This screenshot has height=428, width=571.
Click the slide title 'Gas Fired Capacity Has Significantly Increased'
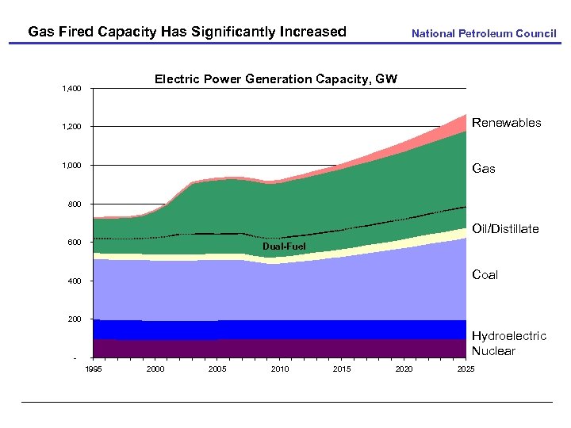point(187,32)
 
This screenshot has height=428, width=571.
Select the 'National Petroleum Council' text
point(484,33)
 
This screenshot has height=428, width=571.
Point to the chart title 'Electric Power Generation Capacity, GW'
point(276,79)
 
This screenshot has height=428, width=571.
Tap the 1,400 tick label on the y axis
point(71,88)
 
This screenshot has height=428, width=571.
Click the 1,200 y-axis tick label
point(71,127)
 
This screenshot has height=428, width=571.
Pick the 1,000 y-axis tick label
point(71,166)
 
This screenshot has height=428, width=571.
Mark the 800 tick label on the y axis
point(74,204)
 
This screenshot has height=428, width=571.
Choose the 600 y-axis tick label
point(74,243)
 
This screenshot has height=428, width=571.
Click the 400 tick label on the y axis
point(74,281)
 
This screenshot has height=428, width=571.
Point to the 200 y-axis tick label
point(74,319)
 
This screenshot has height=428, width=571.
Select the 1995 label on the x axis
point(94,369)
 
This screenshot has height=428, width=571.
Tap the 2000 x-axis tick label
point(155,369)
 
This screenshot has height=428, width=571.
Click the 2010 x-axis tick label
point(279,369)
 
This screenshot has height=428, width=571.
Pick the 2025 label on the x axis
point(466,369)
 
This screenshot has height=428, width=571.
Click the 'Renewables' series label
point(507,123)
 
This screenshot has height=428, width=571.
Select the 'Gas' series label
point(484,168)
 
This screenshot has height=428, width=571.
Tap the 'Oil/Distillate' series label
point(505,229)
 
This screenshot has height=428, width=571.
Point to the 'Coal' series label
point(485,275)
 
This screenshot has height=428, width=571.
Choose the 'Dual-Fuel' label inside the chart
point(283,247)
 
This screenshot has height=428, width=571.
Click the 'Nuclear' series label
point(493,351)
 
